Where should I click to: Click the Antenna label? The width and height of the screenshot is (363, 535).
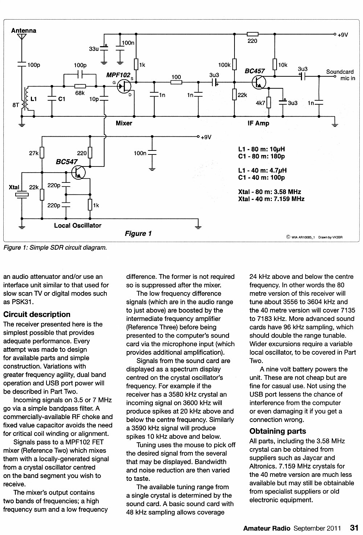[x=24, y=31]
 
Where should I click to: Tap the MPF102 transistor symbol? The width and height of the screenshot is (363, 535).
[x=124, y=86]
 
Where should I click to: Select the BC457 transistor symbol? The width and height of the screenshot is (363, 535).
[x=259, y=82]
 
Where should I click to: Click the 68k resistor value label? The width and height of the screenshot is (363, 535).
[x=80, y=93]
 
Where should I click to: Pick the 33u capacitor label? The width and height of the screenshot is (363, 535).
[x=94, y=49]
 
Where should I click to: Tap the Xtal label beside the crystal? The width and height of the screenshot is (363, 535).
[x=14, y=187]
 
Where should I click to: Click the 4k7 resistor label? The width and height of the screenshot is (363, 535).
[x=260, y=103]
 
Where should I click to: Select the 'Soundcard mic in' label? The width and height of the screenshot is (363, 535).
[x=340, y=75]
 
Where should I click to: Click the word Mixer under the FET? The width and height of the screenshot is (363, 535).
[x=124, y=123]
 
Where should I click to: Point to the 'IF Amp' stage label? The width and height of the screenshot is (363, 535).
[x=258, y=123]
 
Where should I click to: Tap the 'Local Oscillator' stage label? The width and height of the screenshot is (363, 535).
[x=78, y=225]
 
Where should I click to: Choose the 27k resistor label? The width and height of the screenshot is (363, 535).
[x=34, y=153]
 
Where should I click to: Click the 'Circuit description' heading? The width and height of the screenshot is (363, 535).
[x=37, y=314]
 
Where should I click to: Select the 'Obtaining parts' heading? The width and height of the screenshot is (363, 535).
[x=278, y=431]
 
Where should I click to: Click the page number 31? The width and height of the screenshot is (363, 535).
[x=354, y=528]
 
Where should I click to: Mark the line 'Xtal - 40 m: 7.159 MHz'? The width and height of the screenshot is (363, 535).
[x=271, y=199]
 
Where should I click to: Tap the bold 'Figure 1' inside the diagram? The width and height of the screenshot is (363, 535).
[x=138, y=233]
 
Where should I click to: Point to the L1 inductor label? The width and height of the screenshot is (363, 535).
[x=33, y=99]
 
